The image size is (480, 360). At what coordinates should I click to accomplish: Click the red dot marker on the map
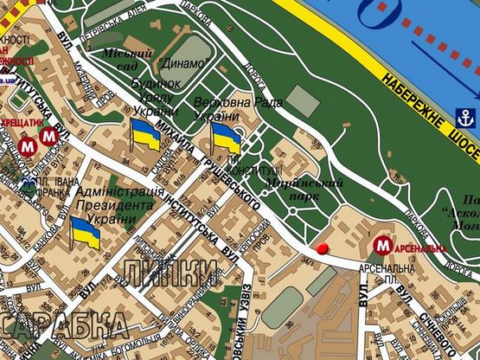pos(324,249)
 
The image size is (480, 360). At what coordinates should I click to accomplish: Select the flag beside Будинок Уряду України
pos(145,136)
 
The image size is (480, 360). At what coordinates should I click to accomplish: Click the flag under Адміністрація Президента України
pos(85,233)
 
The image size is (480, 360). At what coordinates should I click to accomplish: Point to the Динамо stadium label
pos(182,64)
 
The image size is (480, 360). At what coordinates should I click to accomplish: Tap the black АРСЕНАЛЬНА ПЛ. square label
pos(391,276)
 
